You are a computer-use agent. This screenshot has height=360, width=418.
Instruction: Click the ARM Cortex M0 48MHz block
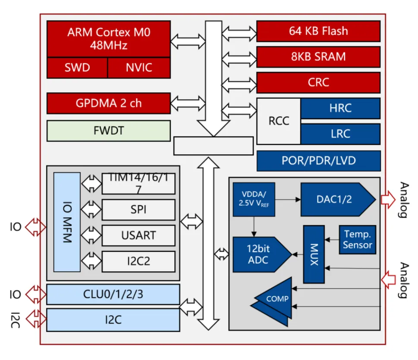tap(108, 38)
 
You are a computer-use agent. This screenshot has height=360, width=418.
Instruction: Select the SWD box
tap(77, 67)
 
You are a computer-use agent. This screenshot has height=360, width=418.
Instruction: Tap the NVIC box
tap(139, 67)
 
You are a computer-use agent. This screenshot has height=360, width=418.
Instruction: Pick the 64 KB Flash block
tap(318, 31)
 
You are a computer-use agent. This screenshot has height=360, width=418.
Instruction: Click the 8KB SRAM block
tap(318, 57)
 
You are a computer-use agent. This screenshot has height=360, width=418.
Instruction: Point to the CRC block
tap(318, 82)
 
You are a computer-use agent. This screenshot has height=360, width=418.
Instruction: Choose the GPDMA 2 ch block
tap(108, 103)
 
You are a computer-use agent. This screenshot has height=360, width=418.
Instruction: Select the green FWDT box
tap(108, 131)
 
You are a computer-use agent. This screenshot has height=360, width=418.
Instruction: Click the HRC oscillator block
tap(340, 108)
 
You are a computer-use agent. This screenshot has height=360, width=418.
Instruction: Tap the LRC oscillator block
tap(340, 134)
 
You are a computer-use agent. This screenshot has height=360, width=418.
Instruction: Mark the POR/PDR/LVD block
tap(318, 161)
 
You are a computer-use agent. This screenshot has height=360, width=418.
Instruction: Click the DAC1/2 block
tap(334, 199)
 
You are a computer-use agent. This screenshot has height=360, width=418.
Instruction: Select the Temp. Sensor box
tap(358, 239)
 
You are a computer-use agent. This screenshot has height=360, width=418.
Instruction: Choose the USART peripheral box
tap(138, 236)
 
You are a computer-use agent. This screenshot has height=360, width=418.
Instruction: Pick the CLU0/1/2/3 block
tap(113, 294)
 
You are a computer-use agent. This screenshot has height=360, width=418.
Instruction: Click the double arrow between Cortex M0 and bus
tap(188, 42)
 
